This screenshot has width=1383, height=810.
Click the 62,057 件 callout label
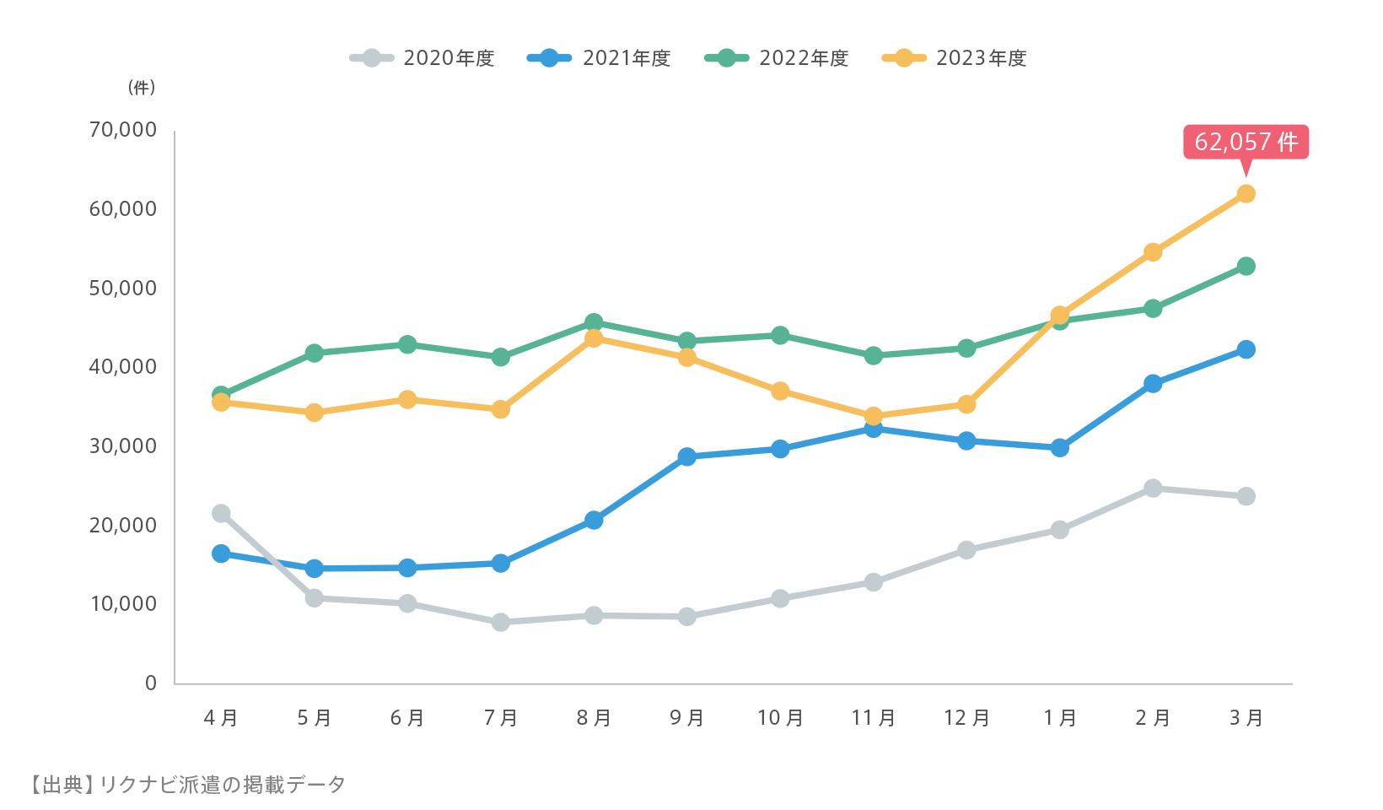click(x=1246, y=142)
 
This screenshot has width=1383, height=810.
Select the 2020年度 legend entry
click(x=422, y=58)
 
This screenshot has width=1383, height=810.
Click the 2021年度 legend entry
click(x=600, y=58)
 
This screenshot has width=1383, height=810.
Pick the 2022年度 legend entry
click(x=778, y=58)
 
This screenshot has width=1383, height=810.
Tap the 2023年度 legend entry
click(x=955, y=58)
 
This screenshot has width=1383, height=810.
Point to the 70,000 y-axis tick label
click(x=123, y=130)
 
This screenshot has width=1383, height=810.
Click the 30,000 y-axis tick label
click(x=123, y=446)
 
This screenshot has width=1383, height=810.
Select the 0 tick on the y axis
click(x=151, y=683)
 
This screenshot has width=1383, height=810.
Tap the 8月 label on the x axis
click(x=594, y=718)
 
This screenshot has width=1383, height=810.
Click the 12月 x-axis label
click(x=966, y=718)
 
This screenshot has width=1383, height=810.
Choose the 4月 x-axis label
click(x=221, y=718)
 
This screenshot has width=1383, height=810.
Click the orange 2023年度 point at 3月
click(x=1246, y=194)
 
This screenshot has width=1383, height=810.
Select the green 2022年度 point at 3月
click(x=1246, y=267)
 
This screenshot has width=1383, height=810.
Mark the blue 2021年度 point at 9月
click(x=687, y=457)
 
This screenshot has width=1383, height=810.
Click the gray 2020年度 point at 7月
click(x=501, y=623)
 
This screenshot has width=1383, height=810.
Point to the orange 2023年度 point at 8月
click(x=594, y=338)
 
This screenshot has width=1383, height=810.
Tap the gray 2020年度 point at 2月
click(x=1153, y=489)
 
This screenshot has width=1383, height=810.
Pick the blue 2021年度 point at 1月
click(x=1060, y=448)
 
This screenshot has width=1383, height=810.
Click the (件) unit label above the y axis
click(x=142, y=88)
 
